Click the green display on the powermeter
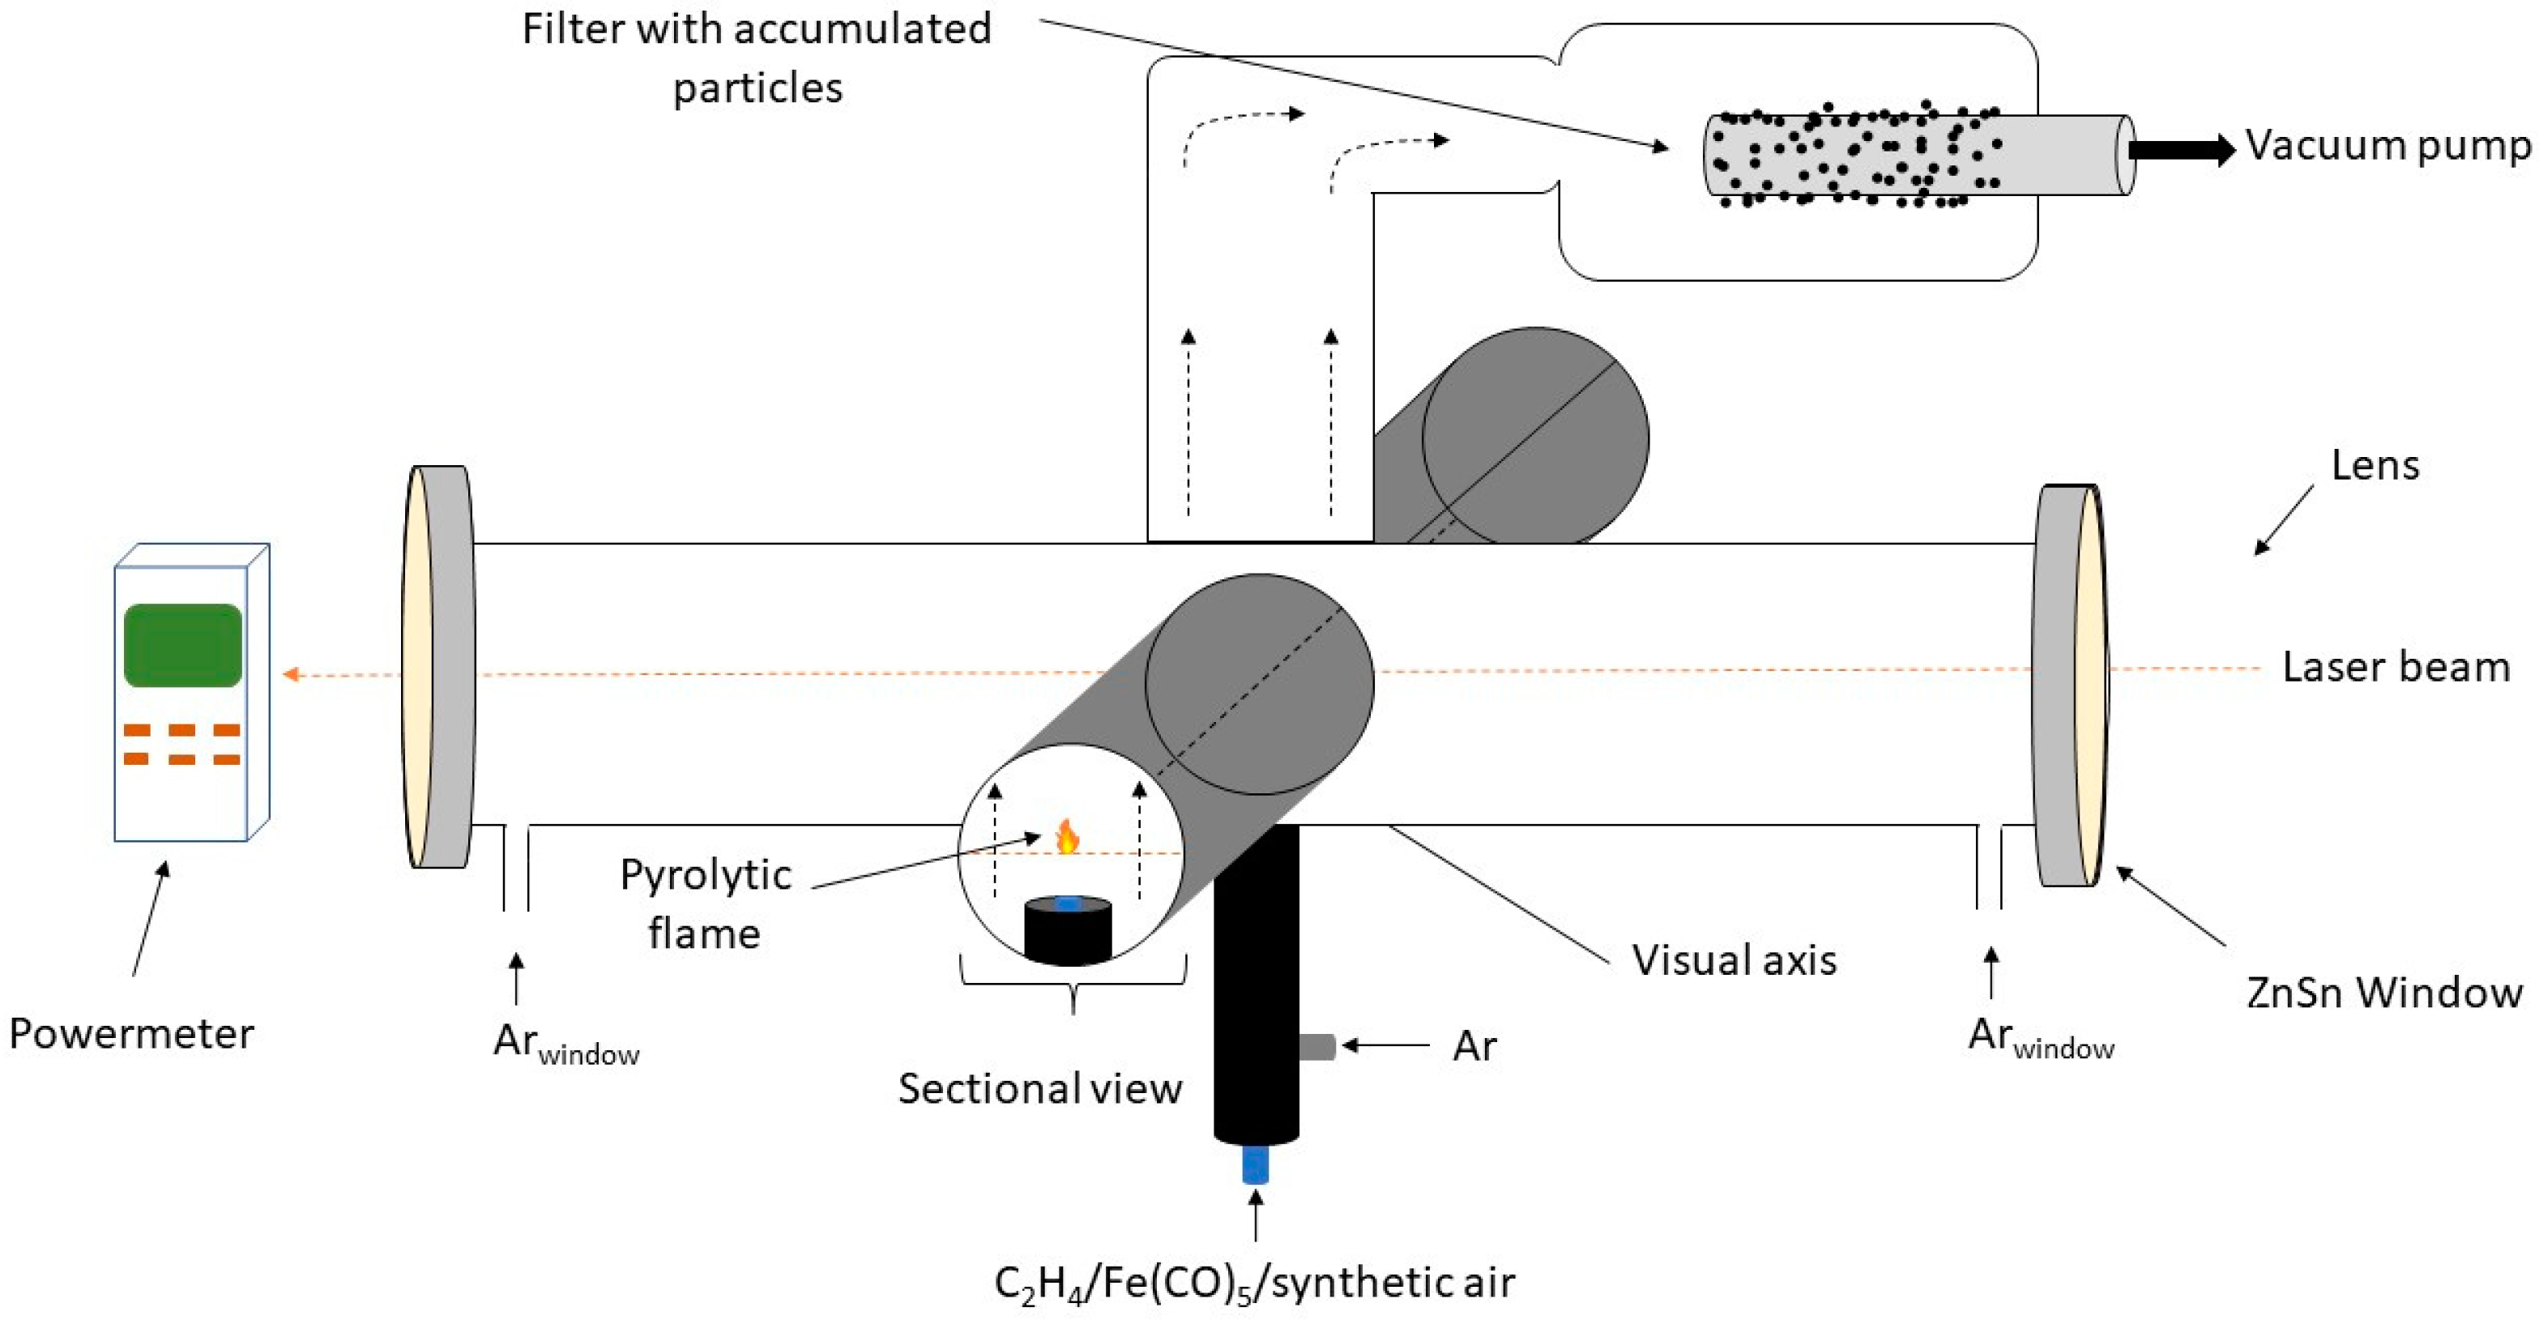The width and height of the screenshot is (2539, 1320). tap(182, 645)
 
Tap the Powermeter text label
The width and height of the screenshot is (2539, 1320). tap(131, 1034)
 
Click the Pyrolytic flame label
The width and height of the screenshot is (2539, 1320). tap(705, 903)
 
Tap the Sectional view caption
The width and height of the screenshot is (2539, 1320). tap(1040, 1088)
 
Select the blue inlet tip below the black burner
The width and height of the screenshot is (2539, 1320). tap(1255, 1164)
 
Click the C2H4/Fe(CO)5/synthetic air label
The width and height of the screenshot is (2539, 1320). tap(1254, 1283)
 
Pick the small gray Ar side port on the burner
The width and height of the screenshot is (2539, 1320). tap(1316, 1046)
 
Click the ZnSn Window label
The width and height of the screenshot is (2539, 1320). tap(2384, 992)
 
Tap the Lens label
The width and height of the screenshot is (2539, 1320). tap(2375, 465)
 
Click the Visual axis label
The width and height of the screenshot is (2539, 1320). tap(1735, 960)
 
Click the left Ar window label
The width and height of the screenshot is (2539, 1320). tap(565, 1044)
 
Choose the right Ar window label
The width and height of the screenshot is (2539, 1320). tap(2040, 1038)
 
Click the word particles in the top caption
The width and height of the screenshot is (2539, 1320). tap(757, 88)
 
